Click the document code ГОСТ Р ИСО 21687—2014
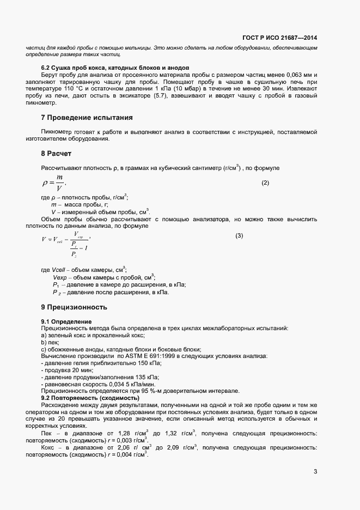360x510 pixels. pyautogui.click(x=279, y=38)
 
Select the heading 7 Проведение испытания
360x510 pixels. pyautogui.click(x=87, y=118)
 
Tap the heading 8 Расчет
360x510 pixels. pyautogui.click(x=56, y=154)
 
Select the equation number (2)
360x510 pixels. pyautogui.click(x=265, y=183)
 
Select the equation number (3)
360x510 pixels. pyautogui.click(x=239, y=235)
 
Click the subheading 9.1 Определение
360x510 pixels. pyautogui.click(x=66, y=321)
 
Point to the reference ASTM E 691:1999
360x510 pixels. pyautogui.click(x=160, y=356)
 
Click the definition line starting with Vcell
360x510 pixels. pyautogui.click(x=83, y=270)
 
